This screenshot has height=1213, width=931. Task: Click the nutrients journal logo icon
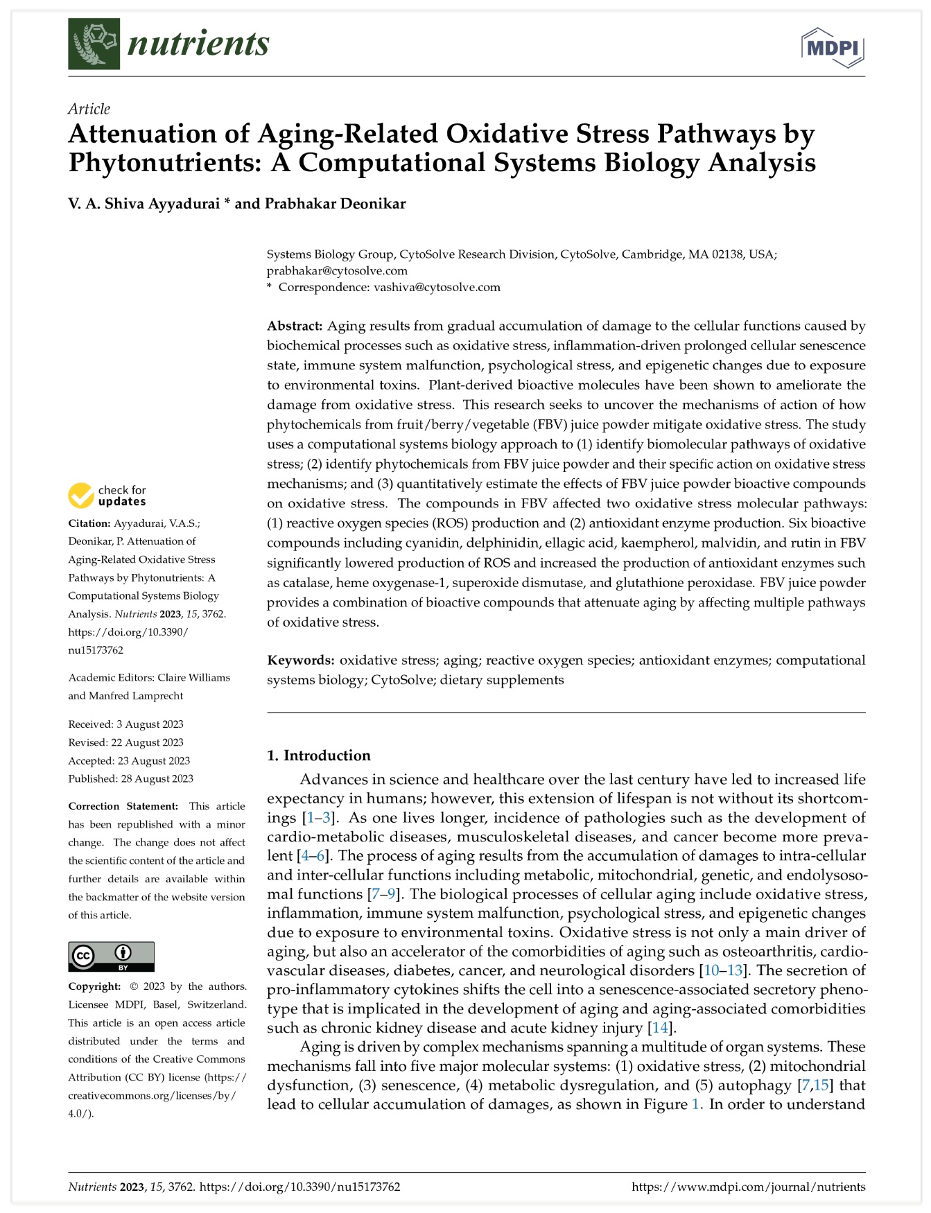tap(94, 44)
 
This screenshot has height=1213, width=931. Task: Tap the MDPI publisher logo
tap(833, 48)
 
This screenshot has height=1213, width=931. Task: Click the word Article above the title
tap(89, 109)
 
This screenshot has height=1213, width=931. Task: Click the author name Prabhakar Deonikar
tap(335, 204)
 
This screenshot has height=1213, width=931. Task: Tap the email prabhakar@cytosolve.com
tap(337, 271)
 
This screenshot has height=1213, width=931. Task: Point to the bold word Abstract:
tap(295, 326)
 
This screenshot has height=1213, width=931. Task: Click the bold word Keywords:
tap(301, 661)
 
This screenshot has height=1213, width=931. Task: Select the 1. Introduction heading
tap(319, 756)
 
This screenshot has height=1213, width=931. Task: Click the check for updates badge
tap(107, 496)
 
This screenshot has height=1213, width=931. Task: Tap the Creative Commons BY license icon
tap(111, 957)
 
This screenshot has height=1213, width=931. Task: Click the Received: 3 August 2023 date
tap(125, 724)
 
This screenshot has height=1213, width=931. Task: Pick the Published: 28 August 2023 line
tap(130, 779)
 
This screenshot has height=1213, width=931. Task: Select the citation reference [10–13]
tap(722, 970)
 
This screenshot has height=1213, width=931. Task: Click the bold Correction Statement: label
tap(123, 806)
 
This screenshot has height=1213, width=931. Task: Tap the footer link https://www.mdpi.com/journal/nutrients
tap(748, 1187)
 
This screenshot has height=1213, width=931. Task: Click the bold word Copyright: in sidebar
tap(94, 986)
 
